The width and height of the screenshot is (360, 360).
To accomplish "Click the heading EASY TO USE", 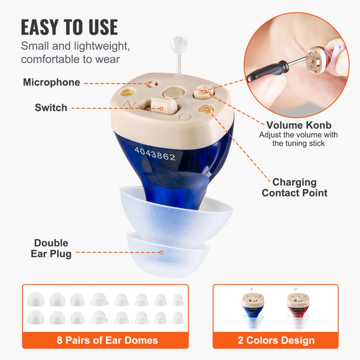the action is coord(69,27).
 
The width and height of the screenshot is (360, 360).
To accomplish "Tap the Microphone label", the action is coord(51,82).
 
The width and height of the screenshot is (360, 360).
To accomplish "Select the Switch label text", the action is coord(51,107).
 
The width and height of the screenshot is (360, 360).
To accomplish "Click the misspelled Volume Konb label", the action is coord(299,125).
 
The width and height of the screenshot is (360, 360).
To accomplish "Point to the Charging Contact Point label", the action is coord(294,187).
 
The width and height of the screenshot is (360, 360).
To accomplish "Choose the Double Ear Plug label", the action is coord(51,248).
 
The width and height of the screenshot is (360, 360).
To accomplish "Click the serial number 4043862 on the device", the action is coord(155,154).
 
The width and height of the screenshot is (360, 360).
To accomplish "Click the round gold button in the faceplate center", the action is coord(174,93).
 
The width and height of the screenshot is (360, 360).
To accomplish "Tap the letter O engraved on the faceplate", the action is coord(185,116).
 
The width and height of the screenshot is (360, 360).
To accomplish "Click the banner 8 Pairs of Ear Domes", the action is coord(107,340).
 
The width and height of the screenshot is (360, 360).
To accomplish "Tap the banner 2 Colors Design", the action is coord(276,340).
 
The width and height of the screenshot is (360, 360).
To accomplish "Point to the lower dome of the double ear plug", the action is coord(168,255).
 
